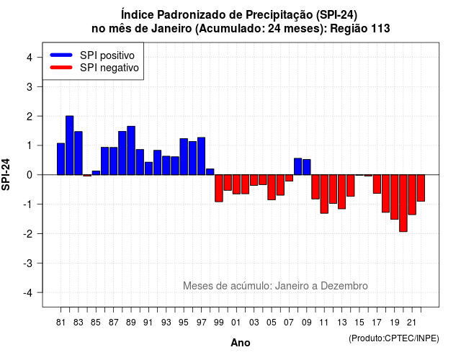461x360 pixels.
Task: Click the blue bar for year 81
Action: click(x=61, y=159)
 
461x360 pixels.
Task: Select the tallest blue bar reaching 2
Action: click(x=70, y=145)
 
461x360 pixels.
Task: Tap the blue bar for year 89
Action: click(x=131, y=150)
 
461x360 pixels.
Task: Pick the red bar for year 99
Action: click(x=219, y=189)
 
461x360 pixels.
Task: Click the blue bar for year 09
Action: click(x=307, y=167)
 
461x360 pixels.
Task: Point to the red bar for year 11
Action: click(x=324, y=194)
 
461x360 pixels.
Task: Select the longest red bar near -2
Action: click(x=403, y=203)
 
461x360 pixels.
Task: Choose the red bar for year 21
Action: click(x=412, y=194)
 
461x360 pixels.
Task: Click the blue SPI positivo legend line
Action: click(x=61, y=55)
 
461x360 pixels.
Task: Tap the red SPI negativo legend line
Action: click(x=61, y=68)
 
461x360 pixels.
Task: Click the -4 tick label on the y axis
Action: click(x=29, y=293)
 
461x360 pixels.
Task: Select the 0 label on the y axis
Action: click(x=30, y=175)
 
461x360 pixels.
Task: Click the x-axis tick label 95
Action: click(x=184, y=323)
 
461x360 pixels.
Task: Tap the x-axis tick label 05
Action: click(x=272, y=323)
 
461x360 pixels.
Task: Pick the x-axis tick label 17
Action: click(x=377, y=323)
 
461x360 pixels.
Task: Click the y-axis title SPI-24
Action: click(x=6, y=174)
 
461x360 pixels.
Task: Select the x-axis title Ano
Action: click(x=241, y=343)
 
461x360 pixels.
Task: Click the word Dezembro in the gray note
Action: click(x=344, y=286)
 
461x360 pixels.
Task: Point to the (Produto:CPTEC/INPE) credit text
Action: click(x=394, y=338)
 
